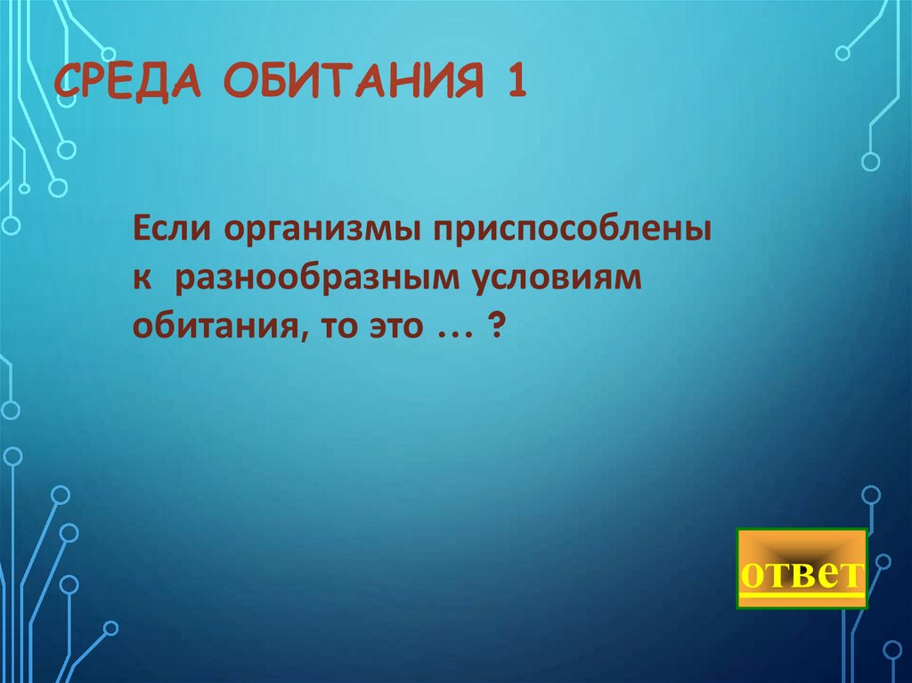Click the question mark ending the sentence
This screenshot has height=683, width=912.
tap(494, 327)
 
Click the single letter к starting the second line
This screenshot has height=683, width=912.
tap(142, 281)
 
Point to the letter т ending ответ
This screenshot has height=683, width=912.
tap(851, 574)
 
